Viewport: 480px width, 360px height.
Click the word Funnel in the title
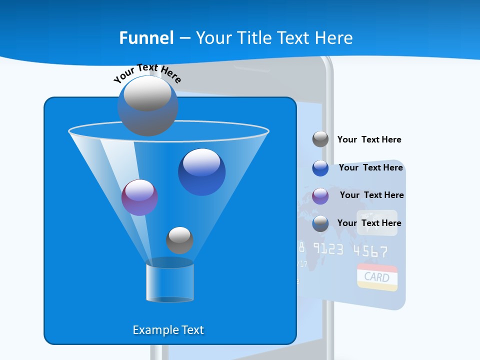[146, 38]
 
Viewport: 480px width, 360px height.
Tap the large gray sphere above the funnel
[147, 105]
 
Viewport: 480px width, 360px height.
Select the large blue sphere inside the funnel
[201, 172]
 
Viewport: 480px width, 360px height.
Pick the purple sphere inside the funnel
[139, 197]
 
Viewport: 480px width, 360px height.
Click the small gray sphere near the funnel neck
[179, 240]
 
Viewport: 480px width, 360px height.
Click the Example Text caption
[168, 330]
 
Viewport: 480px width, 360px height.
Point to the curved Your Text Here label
[147, 73]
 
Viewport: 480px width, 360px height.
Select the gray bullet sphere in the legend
[320, 139]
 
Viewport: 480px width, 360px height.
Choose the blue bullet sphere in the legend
[320, 168]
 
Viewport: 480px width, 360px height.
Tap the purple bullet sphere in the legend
[320, 196]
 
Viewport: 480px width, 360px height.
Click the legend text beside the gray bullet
[369, 139]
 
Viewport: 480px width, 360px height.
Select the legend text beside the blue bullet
[370, 167]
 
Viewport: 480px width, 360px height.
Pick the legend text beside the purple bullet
[371, 195]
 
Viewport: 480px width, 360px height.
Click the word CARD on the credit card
[376, 276]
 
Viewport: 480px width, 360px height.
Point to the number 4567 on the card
[370, 250]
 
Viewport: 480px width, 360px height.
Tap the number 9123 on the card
[328, 248]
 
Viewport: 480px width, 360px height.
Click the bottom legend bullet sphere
[320, 223]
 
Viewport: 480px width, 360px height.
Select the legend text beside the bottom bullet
[369, 223]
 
